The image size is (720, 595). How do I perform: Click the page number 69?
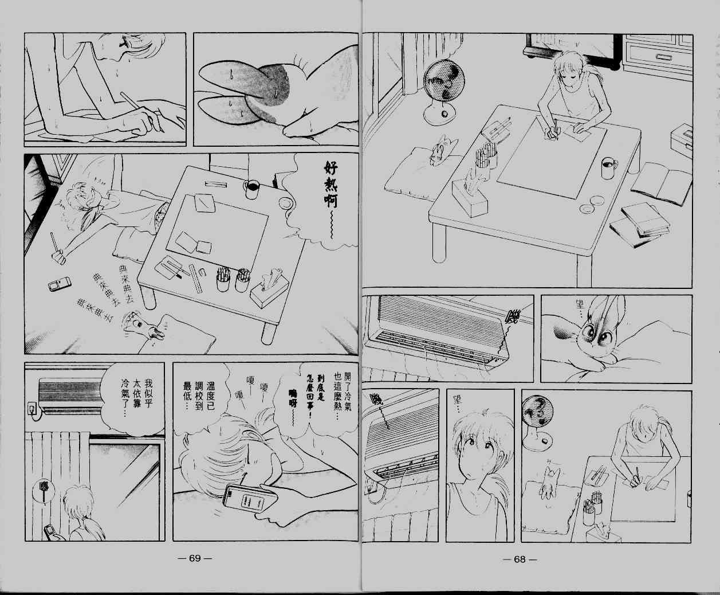(195, 559)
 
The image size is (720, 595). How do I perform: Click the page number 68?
(519, 559)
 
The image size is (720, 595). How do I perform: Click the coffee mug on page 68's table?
(607, 168)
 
